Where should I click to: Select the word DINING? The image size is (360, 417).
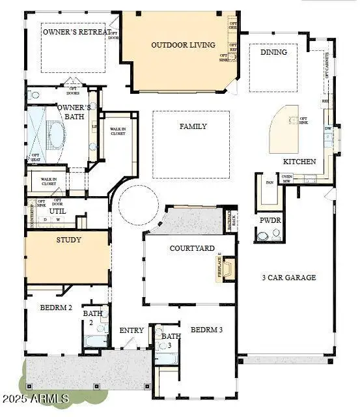[x=273, y=52]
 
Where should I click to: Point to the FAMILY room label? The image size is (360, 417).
[x=193, y=126]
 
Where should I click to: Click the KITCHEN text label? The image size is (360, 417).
[x=299, y=161]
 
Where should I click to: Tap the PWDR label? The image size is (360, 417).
[x=270, y=221]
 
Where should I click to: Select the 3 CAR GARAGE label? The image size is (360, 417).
[x=288, y=278]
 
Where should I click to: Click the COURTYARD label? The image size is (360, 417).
[x=192, y=248]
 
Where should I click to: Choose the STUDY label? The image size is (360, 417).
[x=68, y=240]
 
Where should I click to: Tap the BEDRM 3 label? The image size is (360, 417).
[x=206, y=330]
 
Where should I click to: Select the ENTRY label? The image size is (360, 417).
[x=132, y=330]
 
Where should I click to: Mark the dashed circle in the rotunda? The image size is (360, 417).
[x=137, y=204]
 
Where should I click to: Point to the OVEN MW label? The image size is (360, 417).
[x=287, y=178]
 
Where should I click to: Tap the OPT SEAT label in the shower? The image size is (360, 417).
[x=35, y=157]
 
